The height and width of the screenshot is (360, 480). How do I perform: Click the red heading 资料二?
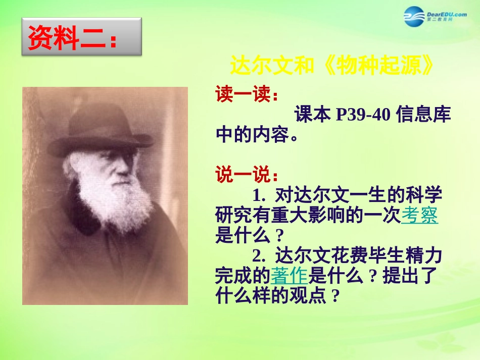[73, 37]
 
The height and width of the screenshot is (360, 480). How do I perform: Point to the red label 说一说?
[247, 175]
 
